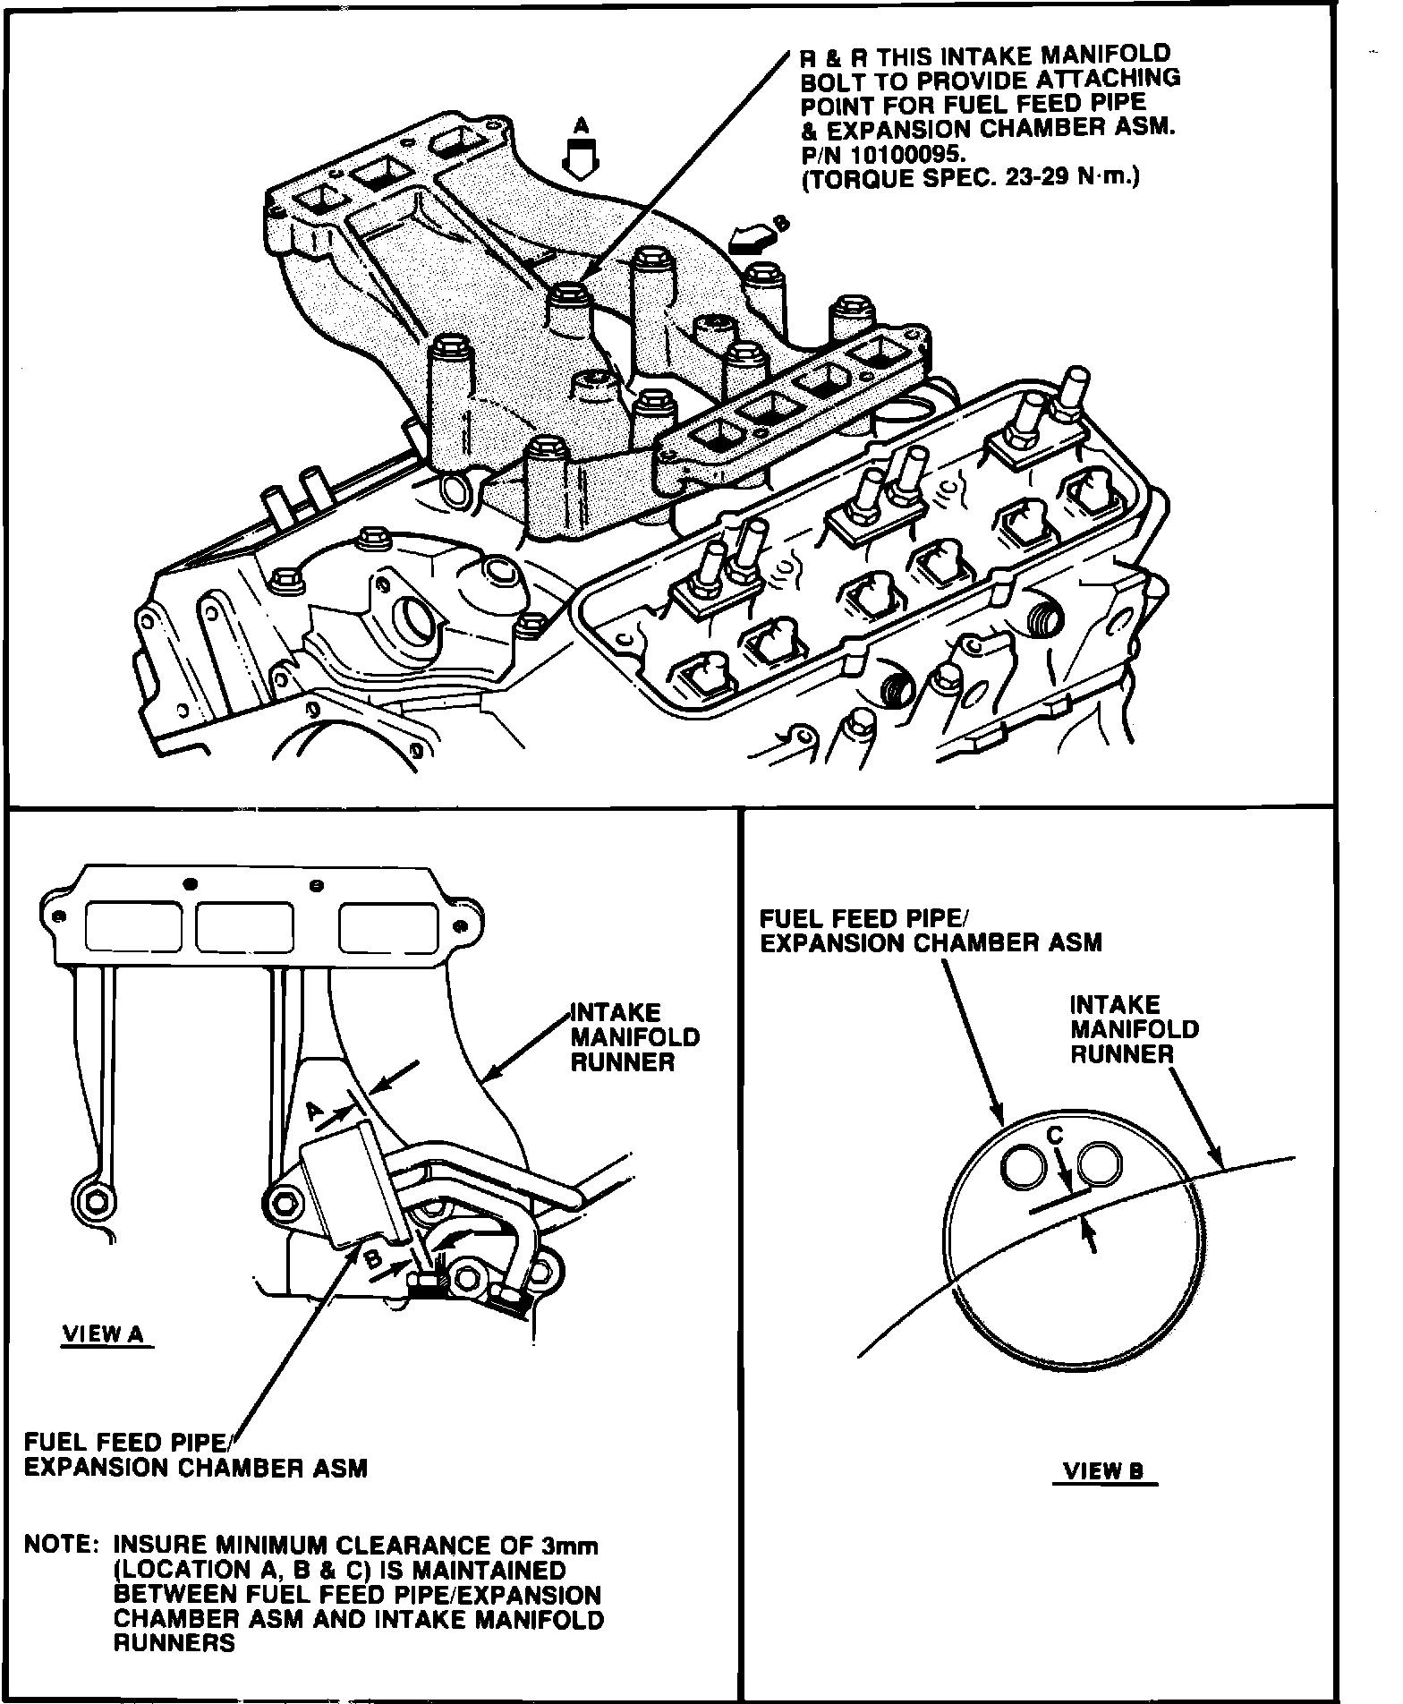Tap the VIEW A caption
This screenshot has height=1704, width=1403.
[x=103, y=1334]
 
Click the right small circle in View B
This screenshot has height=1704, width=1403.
[x=1101, y=1164]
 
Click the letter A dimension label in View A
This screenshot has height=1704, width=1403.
[x=314, y=1111]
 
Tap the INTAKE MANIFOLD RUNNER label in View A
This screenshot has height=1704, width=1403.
[x=634, y=1037]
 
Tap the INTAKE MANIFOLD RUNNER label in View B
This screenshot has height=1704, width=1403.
[x=1134, y=1029]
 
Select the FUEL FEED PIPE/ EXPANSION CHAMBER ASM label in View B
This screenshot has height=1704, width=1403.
[x=931, y=931]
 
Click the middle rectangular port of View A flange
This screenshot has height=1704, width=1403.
[x=244, y=926]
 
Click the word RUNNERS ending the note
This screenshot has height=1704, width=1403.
[x=174, y=1643]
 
